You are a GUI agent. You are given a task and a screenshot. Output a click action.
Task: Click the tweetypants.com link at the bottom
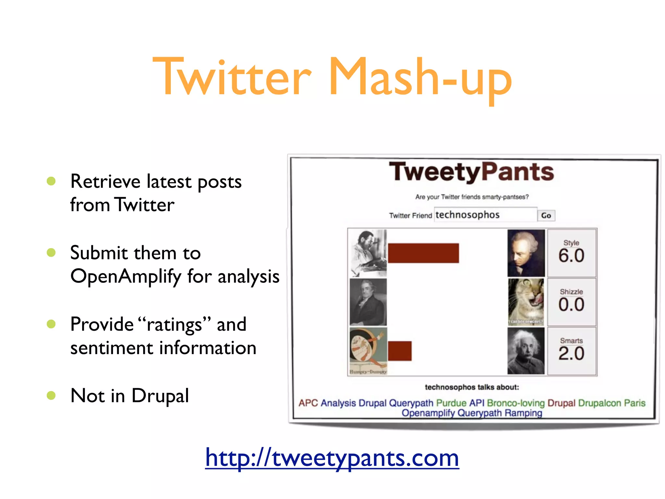(x=332, y=458)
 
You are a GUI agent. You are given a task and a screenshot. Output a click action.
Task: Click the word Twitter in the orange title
(x=232, y=77)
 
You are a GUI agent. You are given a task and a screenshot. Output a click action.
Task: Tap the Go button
(x=546, y=215)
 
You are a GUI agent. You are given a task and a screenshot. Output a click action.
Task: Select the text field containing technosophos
(x=485, y=215)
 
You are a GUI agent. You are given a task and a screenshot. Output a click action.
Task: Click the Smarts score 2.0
(x=571, y=353)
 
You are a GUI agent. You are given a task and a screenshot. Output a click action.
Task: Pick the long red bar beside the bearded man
(x=423, y=253)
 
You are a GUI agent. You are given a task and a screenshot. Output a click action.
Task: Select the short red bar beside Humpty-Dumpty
(x=400, y=351)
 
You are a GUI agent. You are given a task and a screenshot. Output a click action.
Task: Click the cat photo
(x=526, y=302)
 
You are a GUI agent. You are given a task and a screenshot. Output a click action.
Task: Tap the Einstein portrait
(x=526, y=351)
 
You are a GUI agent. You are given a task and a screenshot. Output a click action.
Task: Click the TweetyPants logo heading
(x=471, y=172)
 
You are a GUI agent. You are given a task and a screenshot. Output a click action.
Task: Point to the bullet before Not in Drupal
(x=51, y=395)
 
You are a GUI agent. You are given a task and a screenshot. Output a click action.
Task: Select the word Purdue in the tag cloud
(x=451, y=403)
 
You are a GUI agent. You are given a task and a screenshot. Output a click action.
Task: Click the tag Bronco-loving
(x=516, y=403)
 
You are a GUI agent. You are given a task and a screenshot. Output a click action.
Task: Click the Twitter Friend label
(x=410, y=216)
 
